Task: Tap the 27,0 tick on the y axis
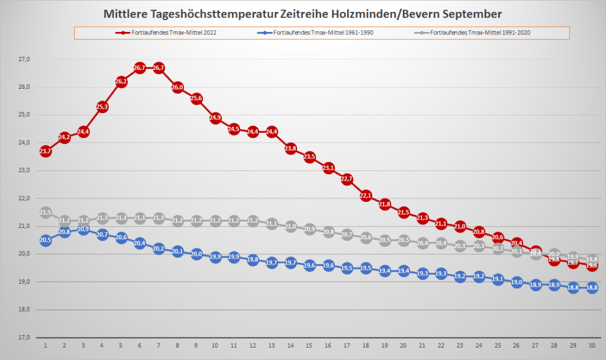(x=24, y=59)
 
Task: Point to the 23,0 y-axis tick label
(x=24, y=171)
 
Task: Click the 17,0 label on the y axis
(x=24, y=337)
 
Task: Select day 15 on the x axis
(x=309, y=345)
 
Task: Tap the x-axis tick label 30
(x=592, y=345)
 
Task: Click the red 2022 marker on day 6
(x=140, y=68)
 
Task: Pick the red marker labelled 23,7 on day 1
(x=46, y=152)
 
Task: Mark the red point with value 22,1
(x=366, y=196)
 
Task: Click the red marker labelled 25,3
(x=102, y=107)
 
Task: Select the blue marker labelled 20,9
(x=83, y=229)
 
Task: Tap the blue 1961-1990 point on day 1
(x=46, y=240)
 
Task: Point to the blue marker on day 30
(x=592, y=288)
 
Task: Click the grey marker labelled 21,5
(x=46, y=213)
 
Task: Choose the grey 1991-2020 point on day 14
(x=291, y=226)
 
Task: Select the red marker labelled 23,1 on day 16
(x=328, y=168)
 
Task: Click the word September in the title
(x=470, y=14)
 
